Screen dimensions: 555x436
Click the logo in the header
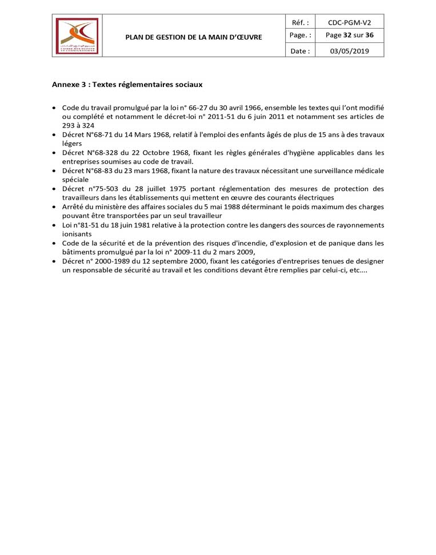coord(77,36)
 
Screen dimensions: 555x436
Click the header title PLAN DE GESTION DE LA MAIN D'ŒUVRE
coord(194,37)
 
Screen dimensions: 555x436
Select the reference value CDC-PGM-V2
coord(349,23)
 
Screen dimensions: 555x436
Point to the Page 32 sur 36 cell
coord(349,35)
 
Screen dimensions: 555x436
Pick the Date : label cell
coord(301,51)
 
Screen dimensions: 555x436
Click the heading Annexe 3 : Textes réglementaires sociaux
coord(127,85)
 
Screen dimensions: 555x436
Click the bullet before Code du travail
coord(54,108)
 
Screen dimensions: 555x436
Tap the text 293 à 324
coord(78,125)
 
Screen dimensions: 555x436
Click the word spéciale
coord(75,179)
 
